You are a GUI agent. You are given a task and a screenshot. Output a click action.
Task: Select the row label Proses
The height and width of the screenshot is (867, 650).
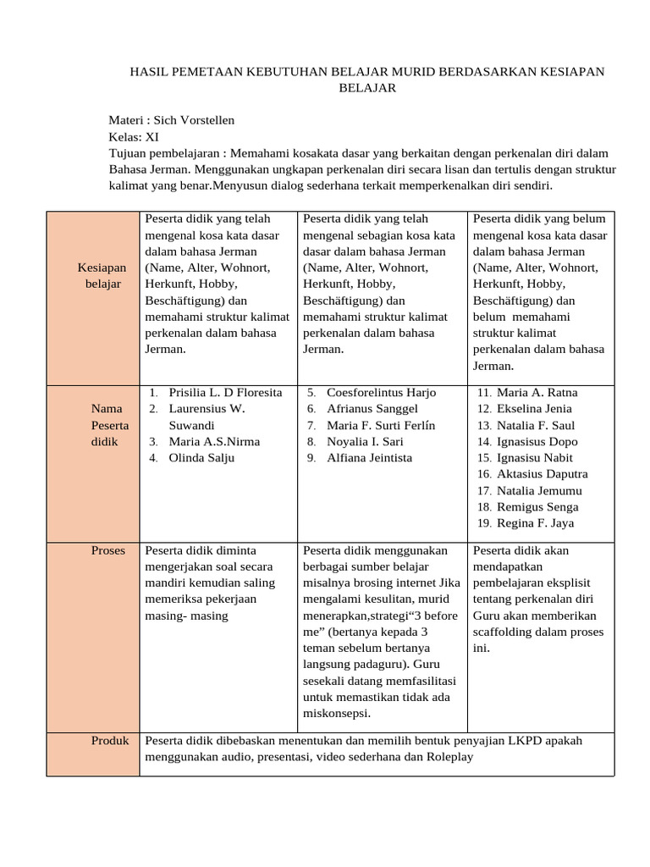click(107, 550)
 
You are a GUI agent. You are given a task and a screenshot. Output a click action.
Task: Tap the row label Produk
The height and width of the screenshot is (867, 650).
click(110, 741)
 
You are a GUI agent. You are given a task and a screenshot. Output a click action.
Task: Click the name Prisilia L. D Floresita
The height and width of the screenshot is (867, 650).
click(225, 393)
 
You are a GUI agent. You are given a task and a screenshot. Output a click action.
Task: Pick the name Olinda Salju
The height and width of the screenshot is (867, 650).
click(201, 458)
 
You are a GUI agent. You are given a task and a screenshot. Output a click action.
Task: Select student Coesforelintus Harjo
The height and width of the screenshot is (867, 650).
click(381, 393)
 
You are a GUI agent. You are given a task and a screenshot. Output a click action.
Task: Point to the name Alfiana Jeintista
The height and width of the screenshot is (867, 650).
click(369, 458)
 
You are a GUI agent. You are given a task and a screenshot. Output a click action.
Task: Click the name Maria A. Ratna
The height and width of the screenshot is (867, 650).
click(537, 393)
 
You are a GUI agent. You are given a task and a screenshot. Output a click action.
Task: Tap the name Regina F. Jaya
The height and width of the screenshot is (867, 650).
click(535, 523)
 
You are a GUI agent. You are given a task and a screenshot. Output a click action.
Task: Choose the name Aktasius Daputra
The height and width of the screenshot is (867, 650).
click(542, 474)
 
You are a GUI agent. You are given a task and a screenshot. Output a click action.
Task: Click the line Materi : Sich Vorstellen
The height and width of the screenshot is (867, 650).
click(172, 120)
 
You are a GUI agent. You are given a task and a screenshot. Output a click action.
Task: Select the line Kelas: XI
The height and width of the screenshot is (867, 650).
click(133, 136)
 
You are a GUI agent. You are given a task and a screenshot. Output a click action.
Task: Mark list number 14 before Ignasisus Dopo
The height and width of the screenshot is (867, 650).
click(484, 442)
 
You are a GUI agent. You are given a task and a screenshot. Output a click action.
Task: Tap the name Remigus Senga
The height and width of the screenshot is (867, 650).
click(537, 507)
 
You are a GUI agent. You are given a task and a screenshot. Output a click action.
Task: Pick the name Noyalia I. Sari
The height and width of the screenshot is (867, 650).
click(365, 442)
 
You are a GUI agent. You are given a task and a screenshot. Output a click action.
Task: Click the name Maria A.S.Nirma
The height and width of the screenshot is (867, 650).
click(214, 442)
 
